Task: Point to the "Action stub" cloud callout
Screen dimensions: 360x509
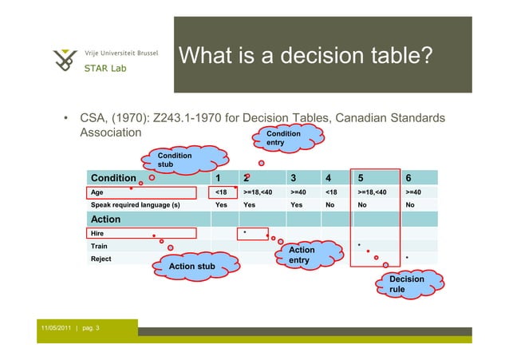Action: tap(192, 264)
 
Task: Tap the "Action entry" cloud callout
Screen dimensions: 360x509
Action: tap(302, 255)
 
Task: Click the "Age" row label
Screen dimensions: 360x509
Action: tap(97, 192)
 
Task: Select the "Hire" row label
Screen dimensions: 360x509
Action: tap(97, 233)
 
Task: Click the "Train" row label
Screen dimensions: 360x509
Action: tap(99, 247)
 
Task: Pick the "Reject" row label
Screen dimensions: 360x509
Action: tap(101, 259)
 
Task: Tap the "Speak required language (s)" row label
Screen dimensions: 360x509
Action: tap(135, 205)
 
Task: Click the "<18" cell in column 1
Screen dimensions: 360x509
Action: tap(221, 192)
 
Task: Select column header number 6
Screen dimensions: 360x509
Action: tap(408, 178)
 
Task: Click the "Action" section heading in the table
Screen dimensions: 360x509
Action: tap(106, 219)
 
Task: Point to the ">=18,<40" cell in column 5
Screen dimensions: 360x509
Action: tap(373, 192)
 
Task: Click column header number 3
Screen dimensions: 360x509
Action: tap(294, 178)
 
